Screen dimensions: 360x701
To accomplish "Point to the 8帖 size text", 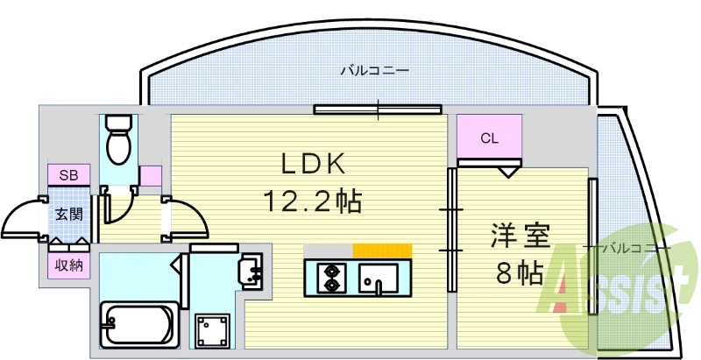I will [519, 273].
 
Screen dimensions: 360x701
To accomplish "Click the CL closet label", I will [489, 138].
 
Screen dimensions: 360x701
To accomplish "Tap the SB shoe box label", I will [68, 175].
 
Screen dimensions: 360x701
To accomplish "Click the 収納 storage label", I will [68, 265].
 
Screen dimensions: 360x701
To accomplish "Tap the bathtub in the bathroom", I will [138, 325].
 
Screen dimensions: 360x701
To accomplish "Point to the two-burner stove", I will [332, 276].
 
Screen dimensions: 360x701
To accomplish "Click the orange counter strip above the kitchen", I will [382, 251].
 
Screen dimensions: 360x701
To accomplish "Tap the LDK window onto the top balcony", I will [378, 110].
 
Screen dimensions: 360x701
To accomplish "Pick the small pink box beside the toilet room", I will [150, 175].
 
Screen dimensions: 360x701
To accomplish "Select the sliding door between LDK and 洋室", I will [452, 229].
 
